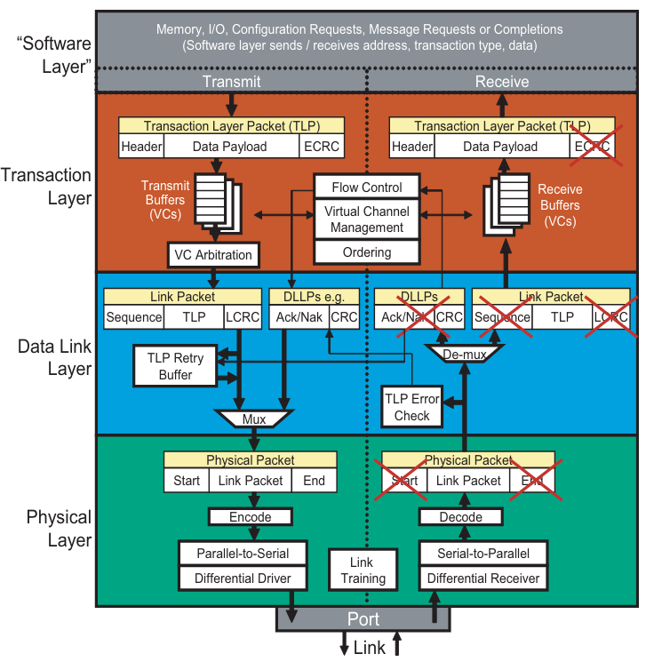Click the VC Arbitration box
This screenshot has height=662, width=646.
(x=213, y=255)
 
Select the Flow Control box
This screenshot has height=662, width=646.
(x=366, y=187)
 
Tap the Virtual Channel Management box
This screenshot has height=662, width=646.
(x=366, y=219)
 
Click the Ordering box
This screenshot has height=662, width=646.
(x=366, y=252)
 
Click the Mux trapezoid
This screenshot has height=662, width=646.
(x=254, y=418)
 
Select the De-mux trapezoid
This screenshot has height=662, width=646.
(x=462, y=354)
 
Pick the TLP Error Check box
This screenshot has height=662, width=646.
(x=411, y=407)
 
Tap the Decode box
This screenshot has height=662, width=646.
(x=462, y=516)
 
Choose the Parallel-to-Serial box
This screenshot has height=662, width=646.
(x=243, y=553)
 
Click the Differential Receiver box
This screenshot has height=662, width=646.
(x=483, y=578)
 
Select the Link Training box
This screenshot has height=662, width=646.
(x=362, y=570)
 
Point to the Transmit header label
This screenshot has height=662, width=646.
(x=231, y=81)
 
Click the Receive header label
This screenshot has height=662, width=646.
(x=502, y=81)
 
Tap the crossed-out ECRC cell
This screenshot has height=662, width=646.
(x=592, y=147)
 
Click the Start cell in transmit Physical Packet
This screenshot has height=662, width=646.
(x=187, y=481)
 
